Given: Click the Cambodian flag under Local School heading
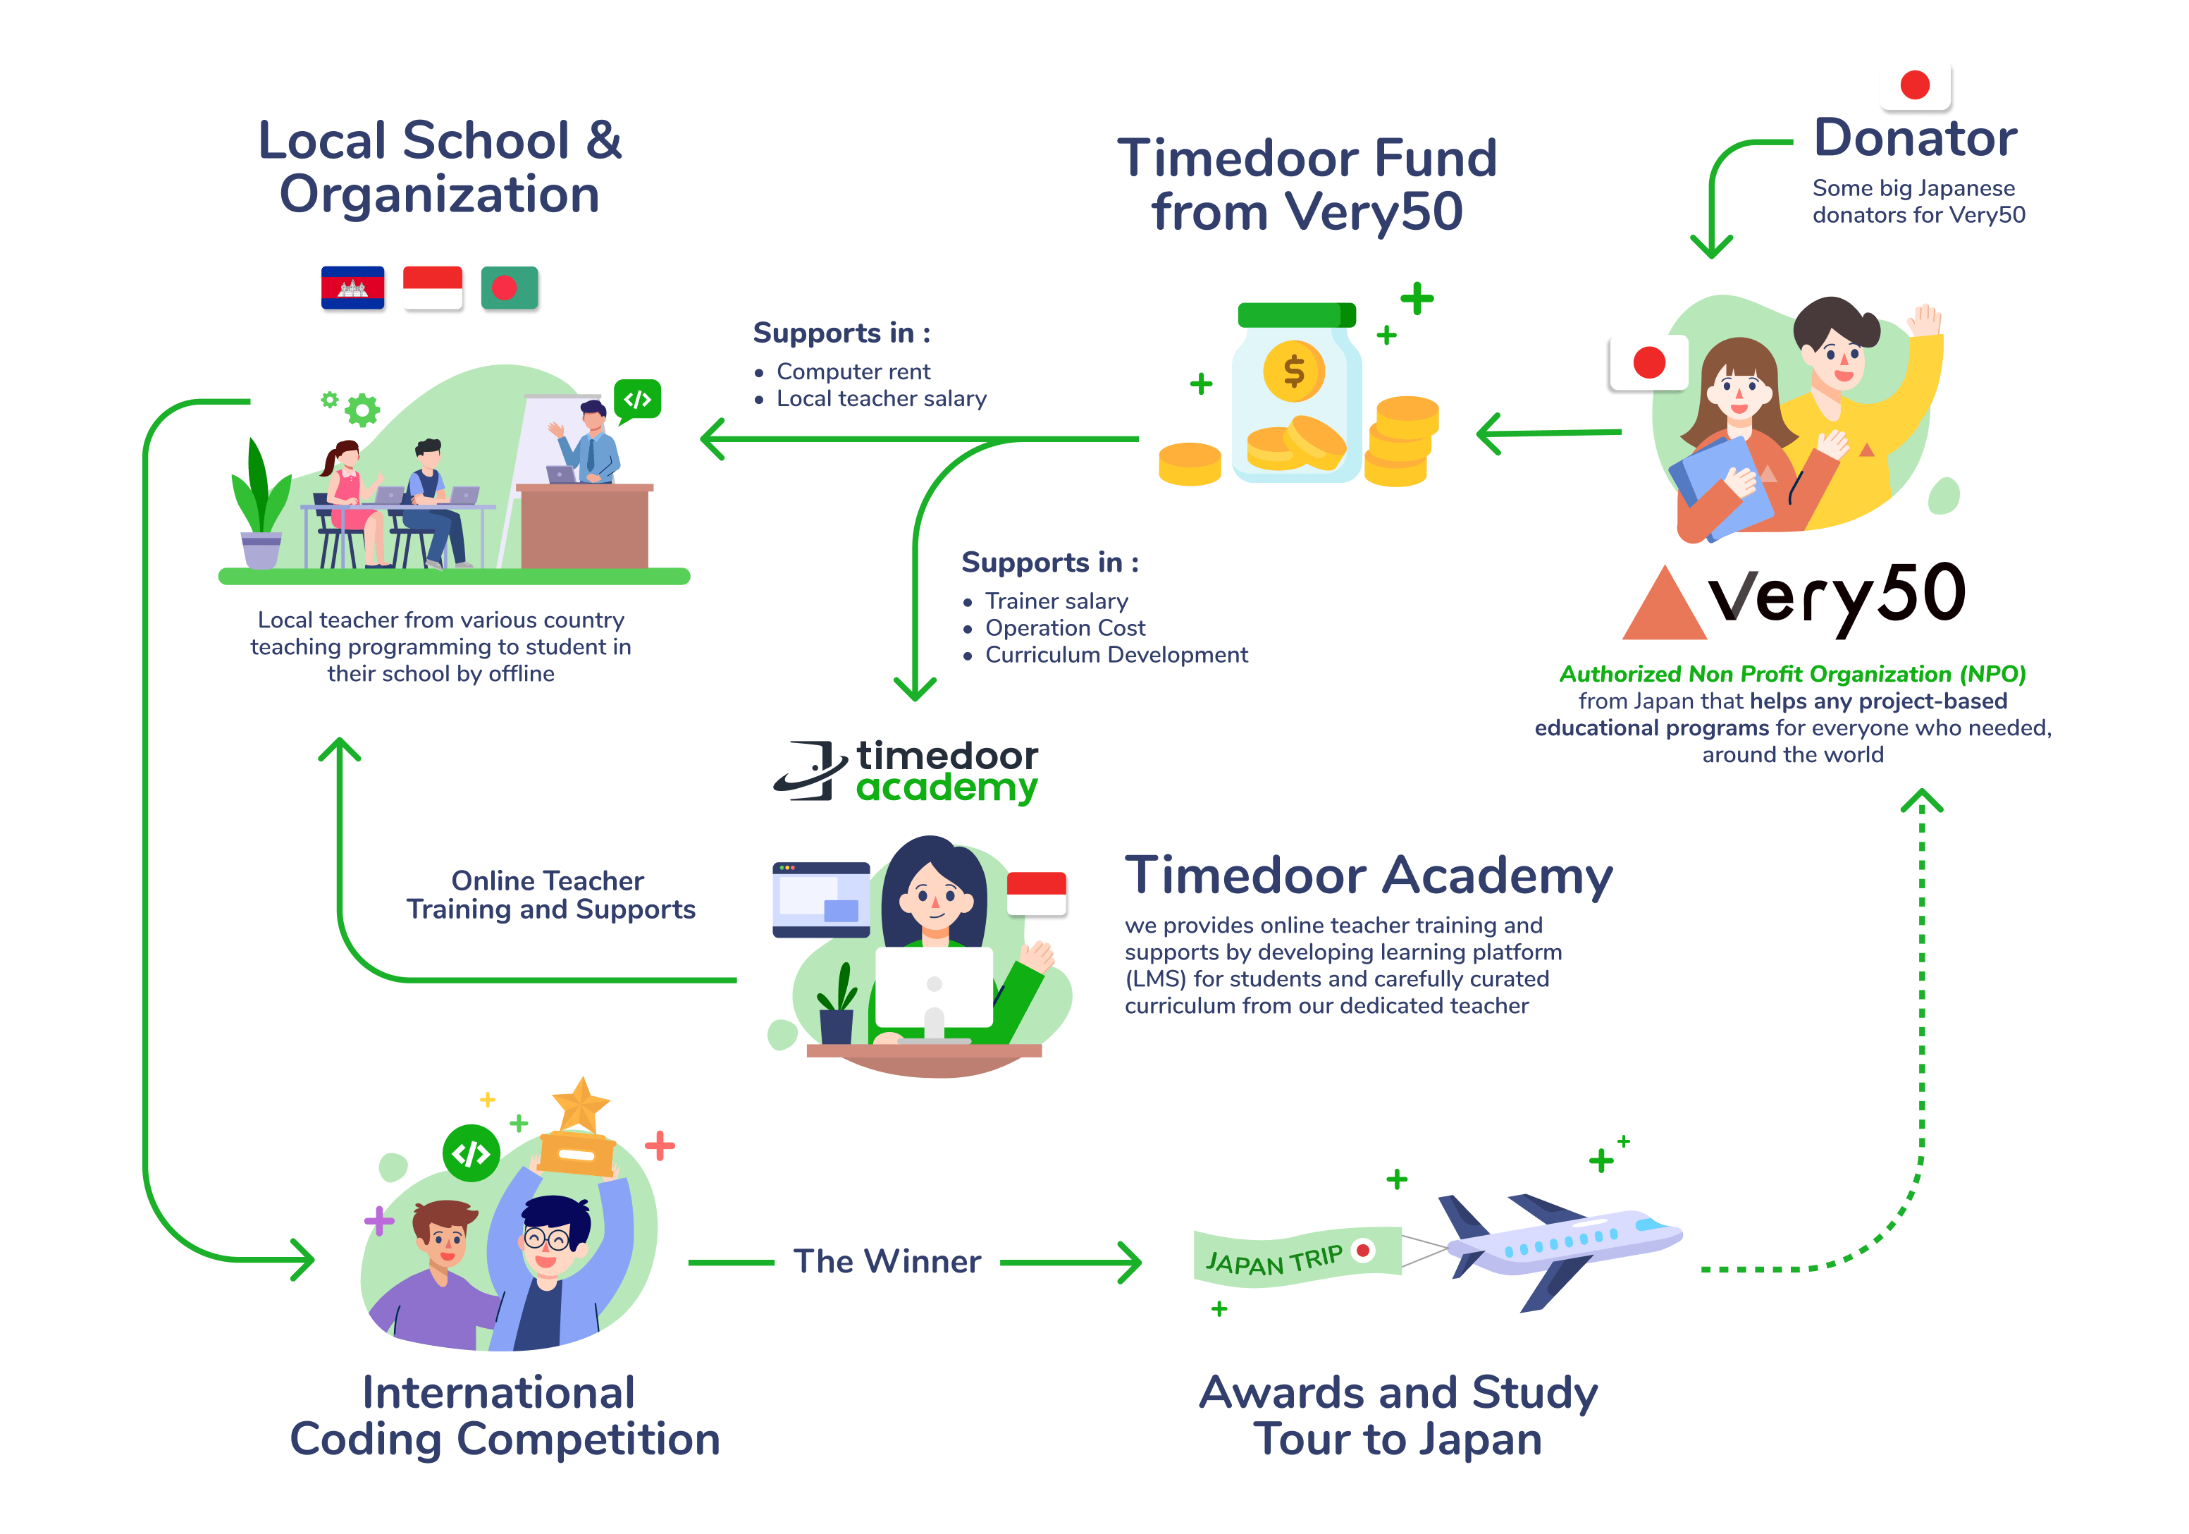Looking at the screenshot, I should tap(353, 287).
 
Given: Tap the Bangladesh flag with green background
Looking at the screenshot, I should tap(509, 287).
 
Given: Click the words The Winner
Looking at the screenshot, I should tap(887, 1261).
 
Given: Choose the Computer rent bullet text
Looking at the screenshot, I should tap(853, 372).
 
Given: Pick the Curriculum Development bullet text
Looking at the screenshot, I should tap(1116, 655).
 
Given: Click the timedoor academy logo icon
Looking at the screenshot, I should tap(810, 771).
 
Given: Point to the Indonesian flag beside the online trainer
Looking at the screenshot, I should tap(1036, 892).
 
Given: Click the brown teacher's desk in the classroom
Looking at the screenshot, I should tap(584, 527).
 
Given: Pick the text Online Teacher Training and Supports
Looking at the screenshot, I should tap(550, 895).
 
